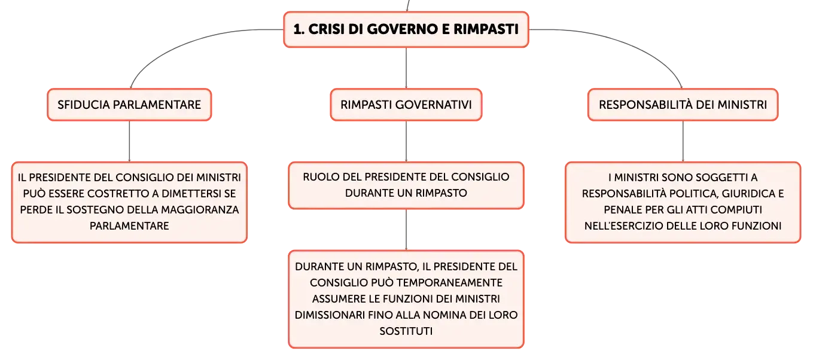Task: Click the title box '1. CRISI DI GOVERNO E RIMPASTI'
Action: [x=406, y=29]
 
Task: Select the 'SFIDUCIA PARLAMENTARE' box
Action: [x=129, y=105]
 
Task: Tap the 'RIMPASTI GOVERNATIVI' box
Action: [x=406, y=105]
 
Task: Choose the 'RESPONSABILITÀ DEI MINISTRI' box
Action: [x=683, y=105]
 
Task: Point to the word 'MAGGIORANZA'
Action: [x=206, y=210]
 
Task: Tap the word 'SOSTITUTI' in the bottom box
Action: [x=406, y=331]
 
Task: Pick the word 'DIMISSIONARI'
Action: [x=330, y=315]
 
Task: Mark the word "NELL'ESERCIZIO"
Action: [x=625, y=226]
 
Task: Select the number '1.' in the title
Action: [x=299, y=29]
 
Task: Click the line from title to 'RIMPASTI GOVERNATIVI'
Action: [x=406, y=68]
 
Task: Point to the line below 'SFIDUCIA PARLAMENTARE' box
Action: [x=129, y=142]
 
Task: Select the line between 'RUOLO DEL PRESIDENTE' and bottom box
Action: [x=406, y=230]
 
